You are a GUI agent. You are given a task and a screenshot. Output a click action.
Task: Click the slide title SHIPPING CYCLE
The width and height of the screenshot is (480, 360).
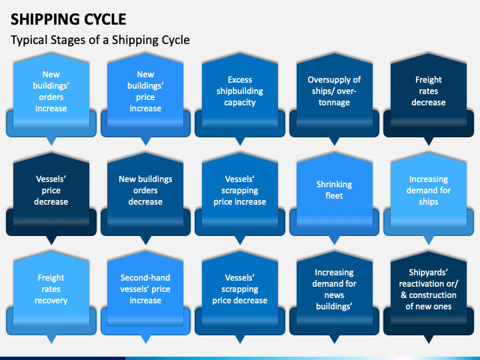coord(68,19)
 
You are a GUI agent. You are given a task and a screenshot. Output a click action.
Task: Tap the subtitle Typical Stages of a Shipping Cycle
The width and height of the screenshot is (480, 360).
coord(100,40)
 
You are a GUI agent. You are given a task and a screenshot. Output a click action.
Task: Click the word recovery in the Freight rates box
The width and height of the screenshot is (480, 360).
coord(51,301)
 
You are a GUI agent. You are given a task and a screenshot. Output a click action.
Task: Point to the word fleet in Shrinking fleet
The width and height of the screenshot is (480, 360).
coord(334,195)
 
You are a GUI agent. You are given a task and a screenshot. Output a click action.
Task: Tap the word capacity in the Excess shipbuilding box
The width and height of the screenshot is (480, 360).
coord(240,103)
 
